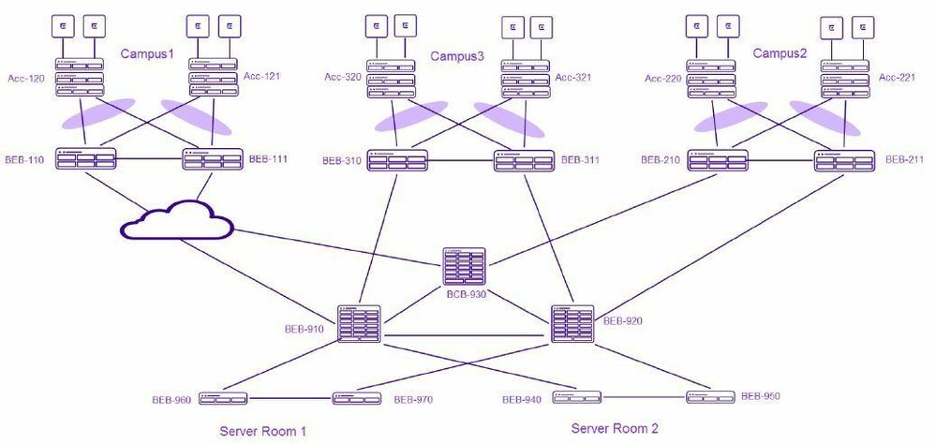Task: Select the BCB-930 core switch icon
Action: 466,267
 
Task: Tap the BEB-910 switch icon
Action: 359,324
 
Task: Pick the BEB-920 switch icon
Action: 572,323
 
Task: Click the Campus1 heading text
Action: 147,54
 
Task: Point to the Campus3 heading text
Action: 457,56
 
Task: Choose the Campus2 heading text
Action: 780,53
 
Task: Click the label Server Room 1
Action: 262,431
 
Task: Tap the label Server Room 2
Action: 615,428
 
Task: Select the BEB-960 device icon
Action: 222,399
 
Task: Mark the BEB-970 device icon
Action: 357,399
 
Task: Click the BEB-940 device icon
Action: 575,396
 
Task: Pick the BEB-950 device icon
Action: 710,396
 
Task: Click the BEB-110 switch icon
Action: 85,159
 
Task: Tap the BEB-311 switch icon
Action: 524,160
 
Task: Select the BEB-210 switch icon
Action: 718,160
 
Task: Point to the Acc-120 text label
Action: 24,79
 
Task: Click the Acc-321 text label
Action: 573,77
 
